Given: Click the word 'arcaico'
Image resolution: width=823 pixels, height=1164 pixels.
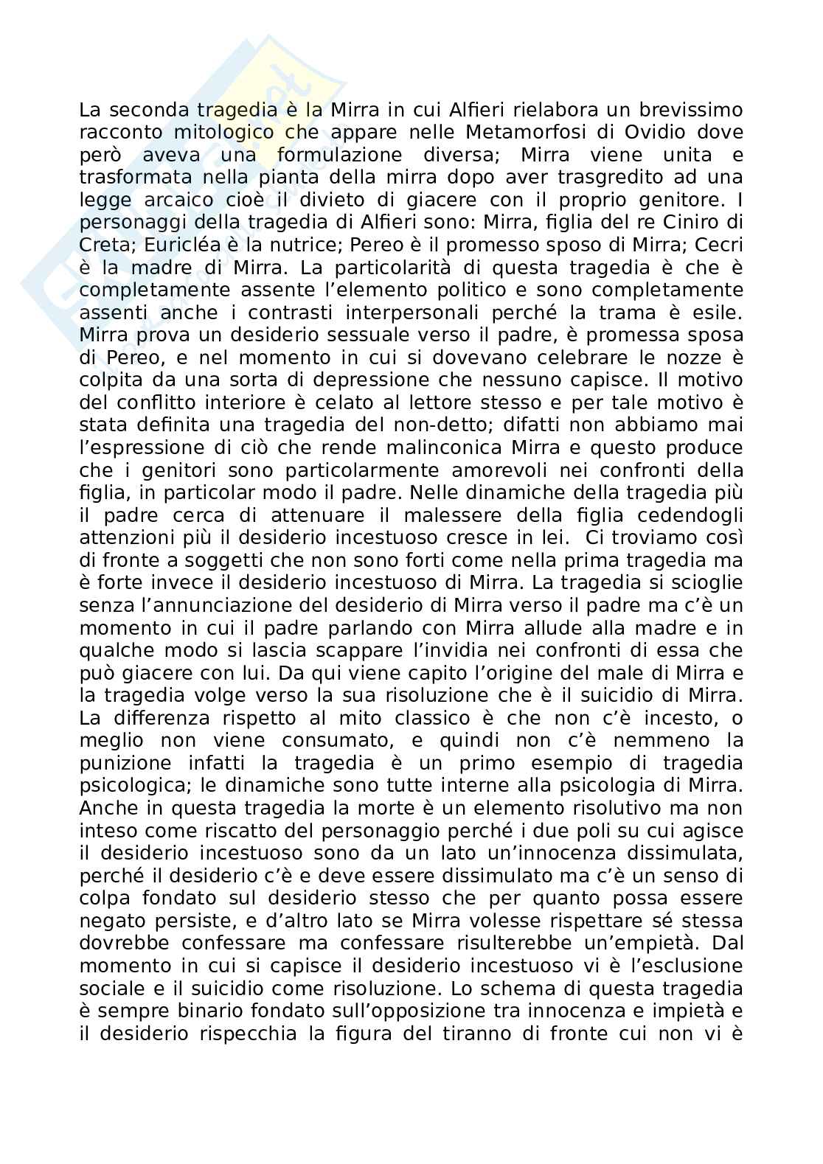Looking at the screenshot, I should click(x=163, y=201).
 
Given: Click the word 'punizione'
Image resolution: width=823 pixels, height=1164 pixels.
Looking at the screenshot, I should click(x=126, y=763).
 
